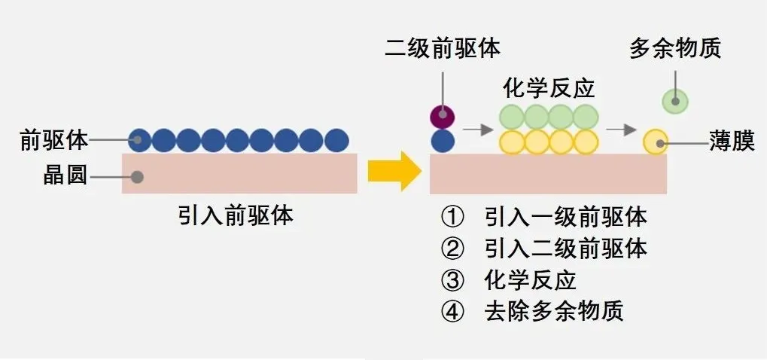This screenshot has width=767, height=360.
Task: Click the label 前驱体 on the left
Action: (x=54, y=139)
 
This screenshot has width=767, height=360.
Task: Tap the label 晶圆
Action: (x=65, y=177)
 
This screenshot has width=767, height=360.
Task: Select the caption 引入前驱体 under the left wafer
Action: (x=236, y=216)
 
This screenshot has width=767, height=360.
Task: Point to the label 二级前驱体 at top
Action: (x=442, y=50)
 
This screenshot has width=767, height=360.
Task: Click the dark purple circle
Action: (x=443, y=117)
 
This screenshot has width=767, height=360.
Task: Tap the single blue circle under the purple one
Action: (x=443, y=141)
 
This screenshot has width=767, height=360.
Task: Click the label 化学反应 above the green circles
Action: (x=549, y=89)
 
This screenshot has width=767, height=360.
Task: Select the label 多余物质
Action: (x=675, y=50)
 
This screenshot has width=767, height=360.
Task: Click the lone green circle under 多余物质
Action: (x=675, y=100)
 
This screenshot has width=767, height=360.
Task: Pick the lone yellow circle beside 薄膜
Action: (x=656, y=142)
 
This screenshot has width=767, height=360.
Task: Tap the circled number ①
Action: (x=452, y=218)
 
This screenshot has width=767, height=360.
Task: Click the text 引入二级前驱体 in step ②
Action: (x=566, y=249)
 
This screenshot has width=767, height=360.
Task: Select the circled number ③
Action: (x=452, y=280)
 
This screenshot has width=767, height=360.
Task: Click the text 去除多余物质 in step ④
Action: (x=555, y=311)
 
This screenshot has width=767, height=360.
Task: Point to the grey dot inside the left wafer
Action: (x=137, y=177)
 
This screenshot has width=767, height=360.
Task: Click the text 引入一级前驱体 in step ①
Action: (x=566, y=218)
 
